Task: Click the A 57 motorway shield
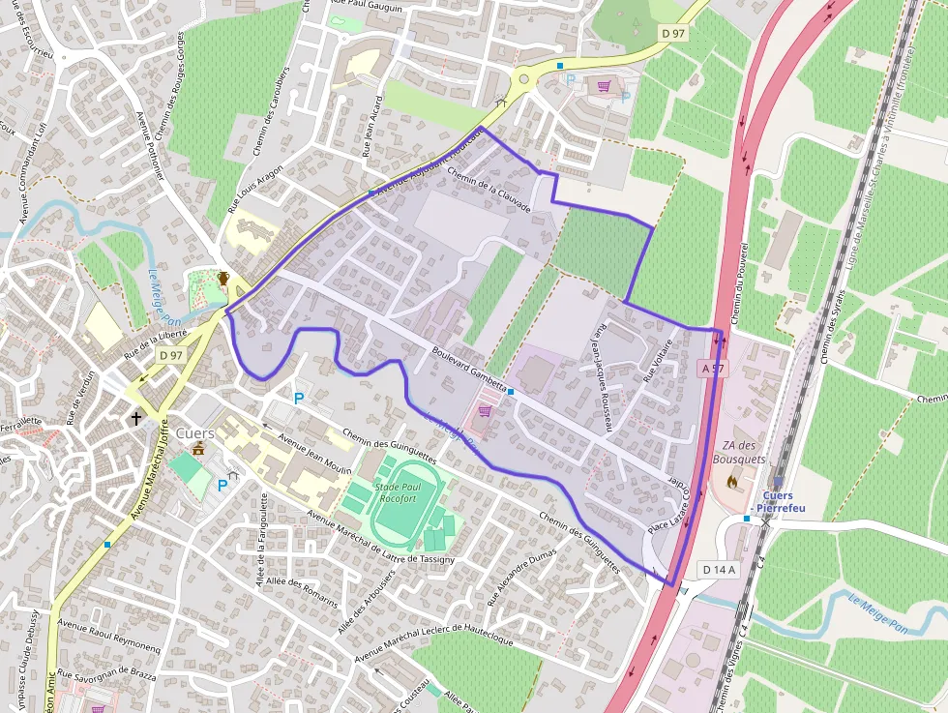[711, 369]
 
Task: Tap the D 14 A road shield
[719, 570]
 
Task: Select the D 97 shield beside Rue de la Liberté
[171, 355]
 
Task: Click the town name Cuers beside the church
[194, 433]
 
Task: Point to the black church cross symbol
[136, 419]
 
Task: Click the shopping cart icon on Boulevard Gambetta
[485, 411]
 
